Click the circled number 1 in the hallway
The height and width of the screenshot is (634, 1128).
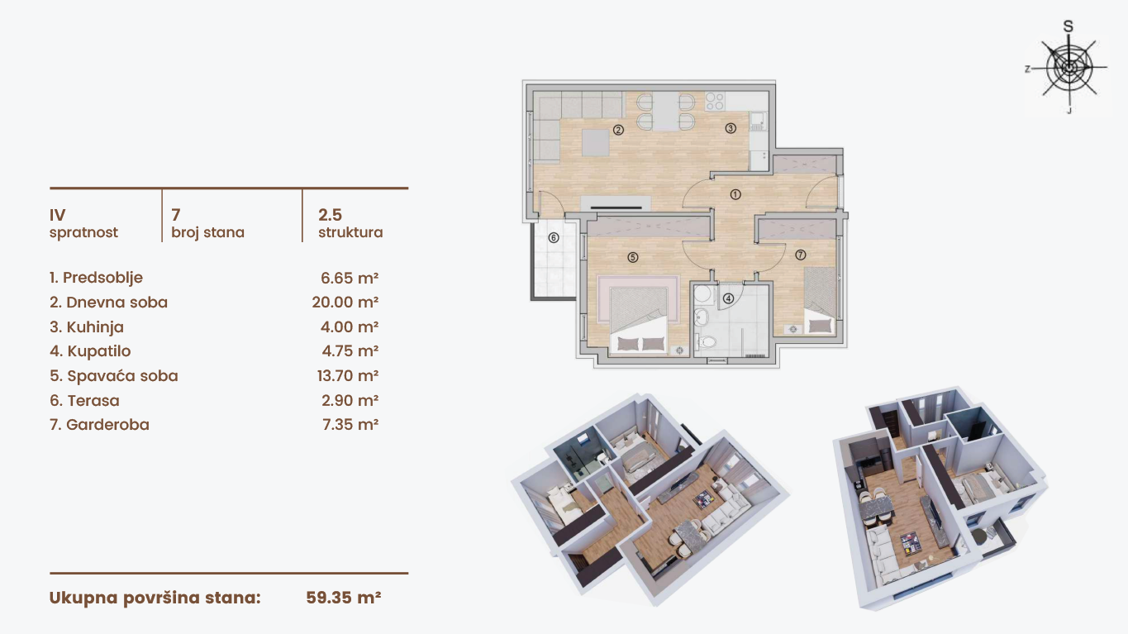point(735,194)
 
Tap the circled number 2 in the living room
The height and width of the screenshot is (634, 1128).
point(618,130)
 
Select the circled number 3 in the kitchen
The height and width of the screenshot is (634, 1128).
point(731,128)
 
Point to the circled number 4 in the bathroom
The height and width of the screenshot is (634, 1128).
point(728,298)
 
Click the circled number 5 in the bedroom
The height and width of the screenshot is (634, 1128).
point(633,257)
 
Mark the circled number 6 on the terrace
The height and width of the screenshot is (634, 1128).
point(554,238)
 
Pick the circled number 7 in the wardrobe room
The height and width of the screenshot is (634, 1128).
point(800,255)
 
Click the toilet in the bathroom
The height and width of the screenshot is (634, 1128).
point(706,342)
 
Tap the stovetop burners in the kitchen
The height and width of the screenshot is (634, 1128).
point(715,101)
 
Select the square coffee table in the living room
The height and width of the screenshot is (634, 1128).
point(596,143)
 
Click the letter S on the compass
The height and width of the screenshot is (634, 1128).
point(1068,26)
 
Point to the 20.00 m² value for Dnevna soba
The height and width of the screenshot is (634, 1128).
point(345,303)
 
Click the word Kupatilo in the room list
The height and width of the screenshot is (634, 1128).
point(99,351)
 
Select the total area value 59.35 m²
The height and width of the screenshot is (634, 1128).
point(344,598)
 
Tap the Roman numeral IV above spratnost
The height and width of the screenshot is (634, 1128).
point(57,216)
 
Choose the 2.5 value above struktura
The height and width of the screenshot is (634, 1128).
point(330,215)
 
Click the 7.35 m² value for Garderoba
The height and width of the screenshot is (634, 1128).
point(350,425)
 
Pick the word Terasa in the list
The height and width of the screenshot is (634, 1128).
point(93,400)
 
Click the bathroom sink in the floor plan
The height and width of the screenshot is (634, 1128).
point(701,317)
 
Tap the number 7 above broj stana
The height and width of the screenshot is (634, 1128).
point(176,216)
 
